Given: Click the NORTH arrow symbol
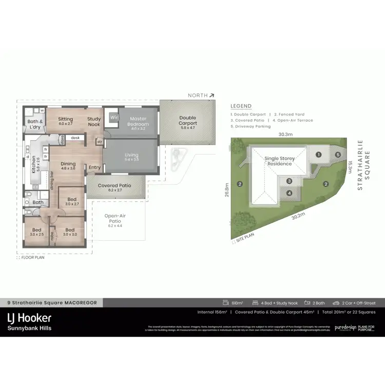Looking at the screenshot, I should (211, 95).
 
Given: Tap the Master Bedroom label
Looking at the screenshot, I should (138, 121).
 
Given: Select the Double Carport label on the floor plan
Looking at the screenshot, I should (187, 121).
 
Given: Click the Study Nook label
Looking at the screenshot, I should (94, 121).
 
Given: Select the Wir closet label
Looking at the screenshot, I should (113, 117).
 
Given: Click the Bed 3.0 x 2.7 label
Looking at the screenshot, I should (72, 202).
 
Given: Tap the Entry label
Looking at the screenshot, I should (94, 167).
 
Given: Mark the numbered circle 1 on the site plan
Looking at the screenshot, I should (318, 154).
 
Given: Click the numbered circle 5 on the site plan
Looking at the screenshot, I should (338, 154).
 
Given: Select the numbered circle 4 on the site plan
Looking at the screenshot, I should (290, 193).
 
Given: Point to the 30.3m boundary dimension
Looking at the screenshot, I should (285, 134).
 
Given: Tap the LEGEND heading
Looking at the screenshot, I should (241, 106).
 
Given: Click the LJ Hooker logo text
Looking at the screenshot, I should (29, 318).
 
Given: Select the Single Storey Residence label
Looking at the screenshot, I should (279, 161).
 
